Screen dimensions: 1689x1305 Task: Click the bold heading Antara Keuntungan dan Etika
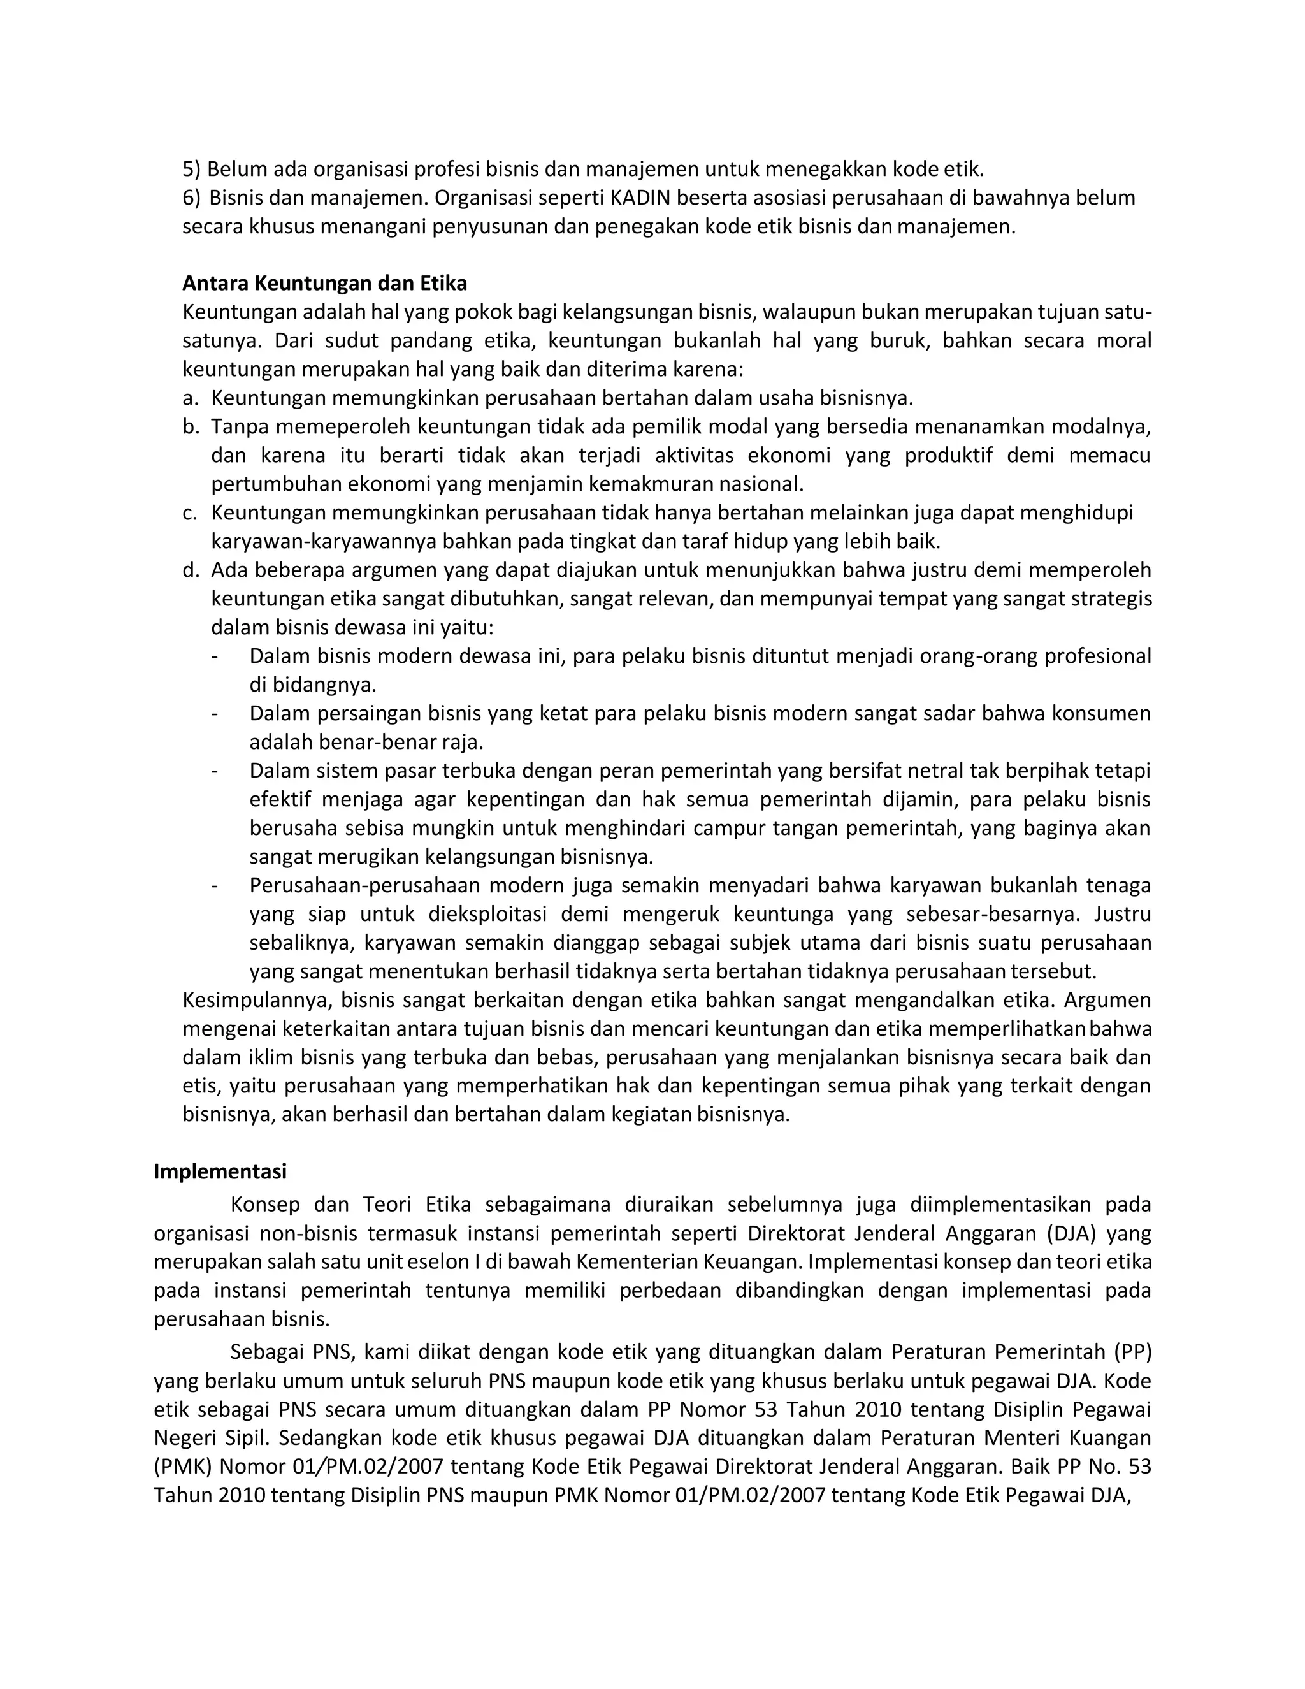pos(325,284)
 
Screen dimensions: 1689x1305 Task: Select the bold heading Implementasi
pos(220,1171)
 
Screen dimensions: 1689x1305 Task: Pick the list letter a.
pos(190,398)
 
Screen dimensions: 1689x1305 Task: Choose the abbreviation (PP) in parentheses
pos(1132,1352)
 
